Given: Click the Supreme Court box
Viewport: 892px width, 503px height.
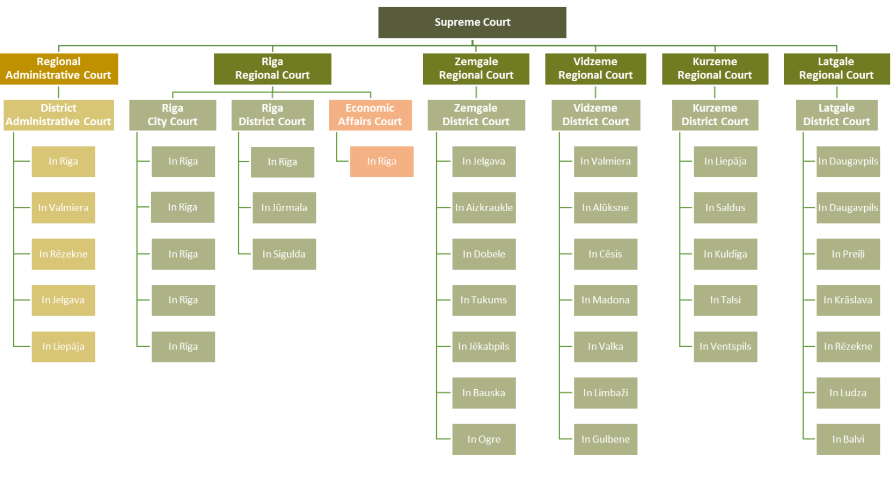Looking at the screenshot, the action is (472, 22).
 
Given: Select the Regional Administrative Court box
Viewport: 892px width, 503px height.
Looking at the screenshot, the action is (59, 69).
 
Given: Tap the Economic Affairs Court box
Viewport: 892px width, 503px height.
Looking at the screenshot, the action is (370, 115).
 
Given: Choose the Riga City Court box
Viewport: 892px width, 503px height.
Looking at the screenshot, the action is (173, 115).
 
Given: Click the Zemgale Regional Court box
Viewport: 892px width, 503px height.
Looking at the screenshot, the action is (476, 69).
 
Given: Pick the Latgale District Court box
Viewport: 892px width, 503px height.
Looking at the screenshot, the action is (837, 115).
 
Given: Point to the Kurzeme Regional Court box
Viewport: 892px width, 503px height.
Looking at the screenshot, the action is (715, 69).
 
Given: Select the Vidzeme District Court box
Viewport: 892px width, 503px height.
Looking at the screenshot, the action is (596, 115).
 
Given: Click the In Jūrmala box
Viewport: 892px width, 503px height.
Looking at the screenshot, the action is (284, 207).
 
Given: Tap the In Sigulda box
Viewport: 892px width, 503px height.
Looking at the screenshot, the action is (284, 254).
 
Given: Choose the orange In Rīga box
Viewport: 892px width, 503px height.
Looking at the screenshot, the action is (382, 162).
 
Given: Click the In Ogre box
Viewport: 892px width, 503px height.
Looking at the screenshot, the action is (484, 439).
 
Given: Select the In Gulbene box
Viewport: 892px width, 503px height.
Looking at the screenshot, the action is (606, 439).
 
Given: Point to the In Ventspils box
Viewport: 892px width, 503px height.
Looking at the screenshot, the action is (726, 347).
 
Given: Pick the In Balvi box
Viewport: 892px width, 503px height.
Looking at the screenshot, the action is (848, 439).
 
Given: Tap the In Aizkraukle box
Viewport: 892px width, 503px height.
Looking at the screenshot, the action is (484, 207).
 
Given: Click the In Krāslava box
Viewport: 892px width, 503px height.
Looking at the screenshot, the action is (848, 300).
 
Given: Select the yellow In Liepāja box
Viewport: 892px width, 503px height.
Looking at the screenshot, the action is (64, 347).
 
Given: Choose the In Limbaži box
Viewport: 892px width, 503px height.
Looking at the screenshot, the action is (606, 393).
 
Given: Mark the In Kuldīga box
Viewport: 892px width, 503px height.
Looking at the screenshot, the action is (726, 254).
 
